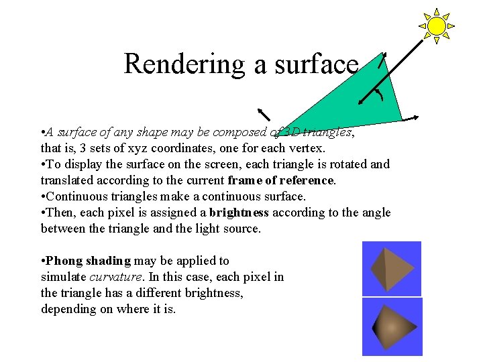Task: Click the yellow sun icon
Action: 437,26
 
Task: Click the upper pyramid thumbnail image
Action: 392,268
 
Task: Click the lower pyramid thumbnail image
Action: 392,326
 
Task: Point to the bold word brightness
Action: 239,213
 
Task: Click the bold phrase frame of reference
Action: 280,180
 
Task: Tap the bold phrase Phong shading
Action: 89,261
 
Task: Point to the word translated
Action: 68,180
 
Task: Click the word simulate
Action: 63,277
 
